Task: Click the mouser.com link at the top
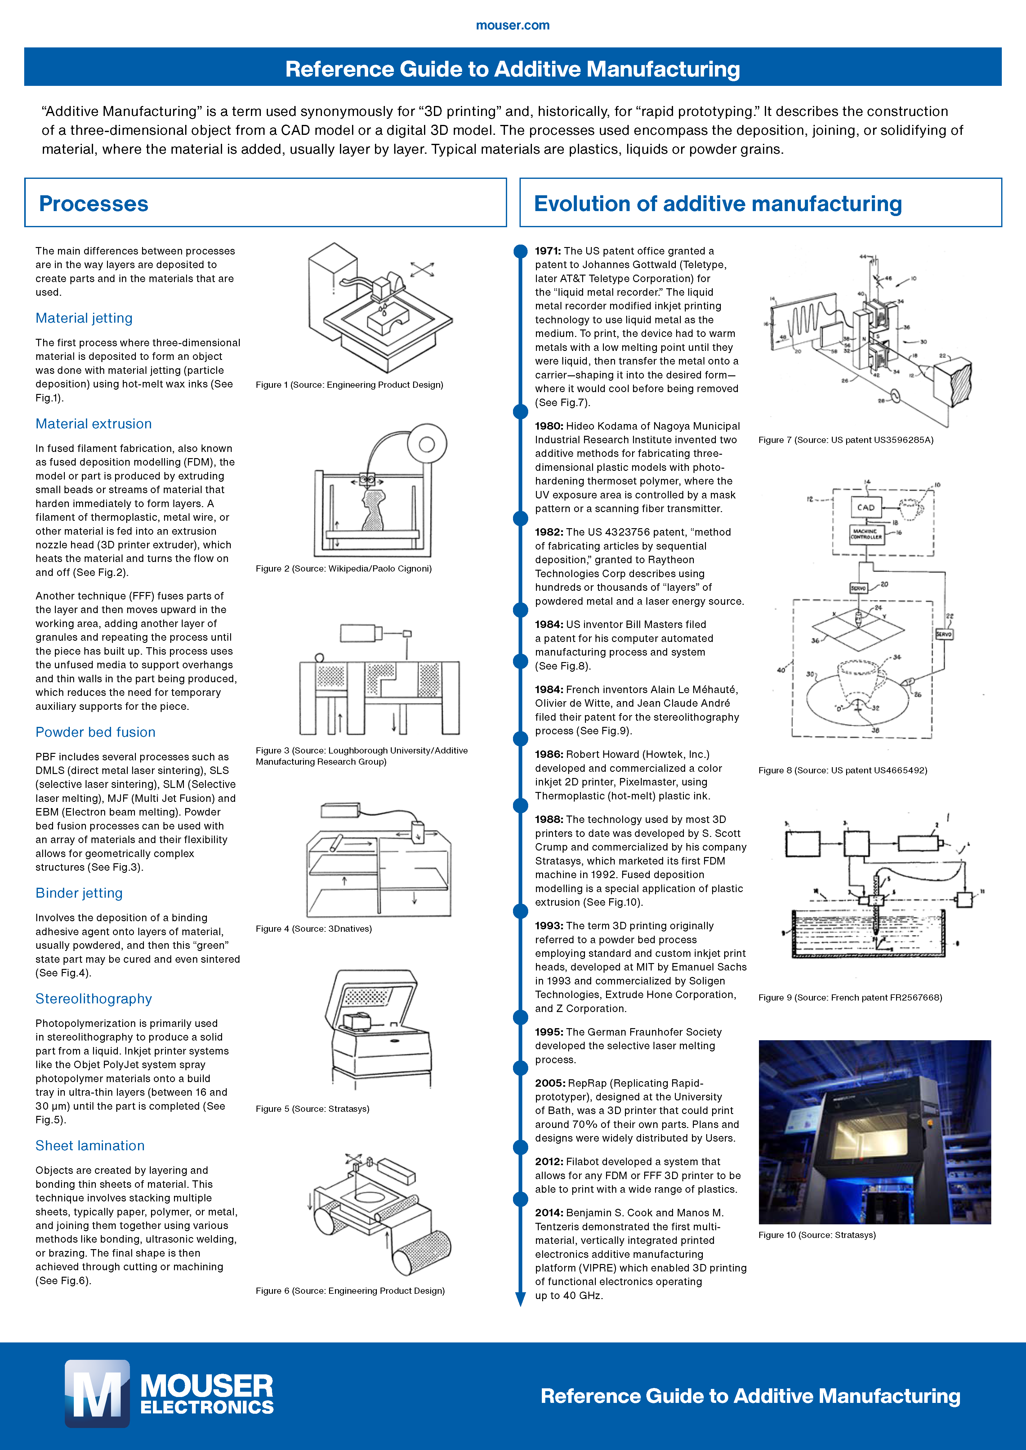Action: tap(512, 25)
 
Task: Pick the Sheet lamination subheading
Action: tap(90, 1146)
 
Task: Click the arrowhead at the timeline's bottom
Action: tap(520, 1299)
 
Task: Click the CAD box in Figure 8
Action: tap(866, 507)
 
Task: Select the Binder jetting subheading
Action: tap(79, 893)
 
